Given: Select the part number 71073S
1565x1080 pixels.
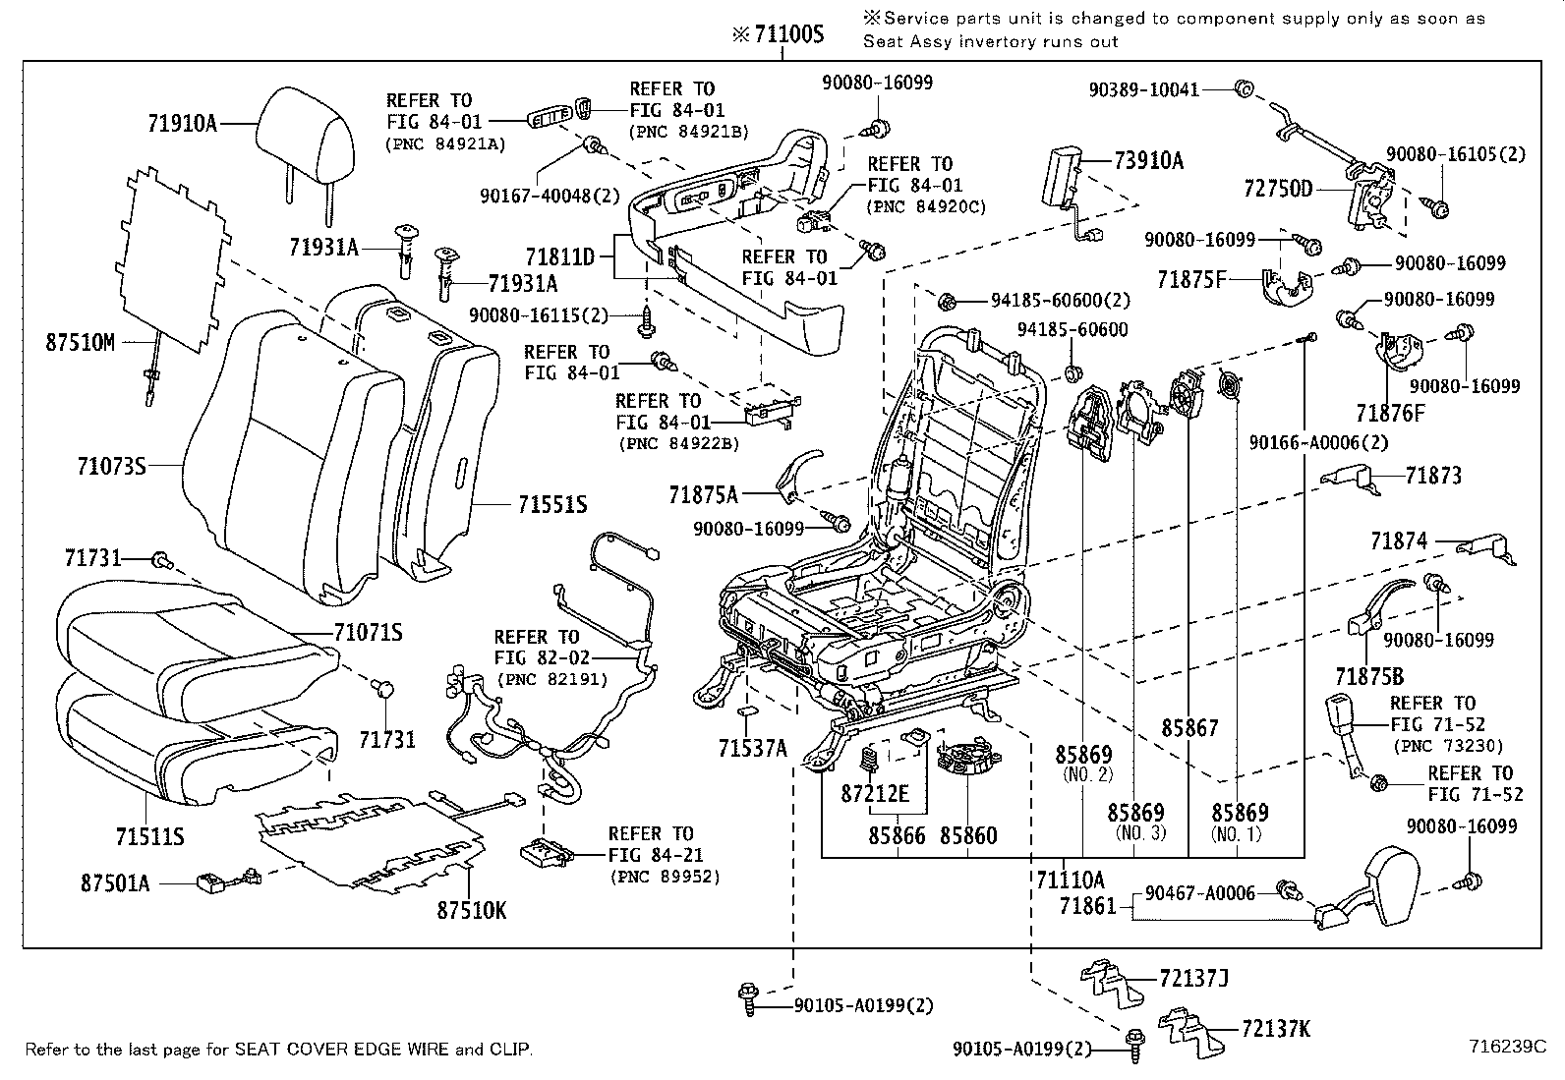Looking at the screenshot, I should tap(112, 466).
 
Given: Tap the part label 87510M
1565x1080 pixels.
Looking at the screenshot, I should tap(81, 343).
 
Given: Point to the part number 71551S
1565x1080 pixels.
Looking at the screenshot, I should tap(552, 504).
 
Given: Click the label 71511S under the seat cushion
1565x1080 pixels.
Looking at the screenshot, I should tap(150, 836).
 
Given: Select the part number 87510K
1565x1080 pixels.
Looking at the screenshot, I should tap(472, 910).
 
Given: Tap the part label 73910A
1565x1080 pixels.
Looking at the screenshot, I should tap(1149, 161).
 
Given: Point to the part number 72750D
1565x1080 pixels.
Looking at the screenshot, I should tap(1278, 188).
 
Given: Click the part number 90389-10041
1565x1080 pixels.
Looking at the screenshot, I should tap(1144, 89).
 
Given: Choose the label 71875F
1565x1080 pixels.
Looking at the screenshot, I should tap(1191, 280).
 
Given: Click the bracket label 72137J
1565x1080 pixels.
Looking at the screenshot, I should tap(1194, 978).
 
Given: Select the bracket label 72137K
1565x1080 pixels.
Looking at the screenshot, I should tap(1276, 1029).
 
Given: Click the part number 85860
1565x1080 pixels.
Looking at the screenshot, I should tap(968, 835).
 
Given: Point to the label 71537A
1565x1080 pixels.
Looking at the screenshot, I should tap(753, 749).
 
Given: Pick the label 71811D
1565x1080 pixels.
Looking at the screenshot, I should tap(559, 257).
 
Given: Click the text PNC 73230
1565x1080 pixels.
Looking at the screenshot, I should tap(1448, 747).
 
